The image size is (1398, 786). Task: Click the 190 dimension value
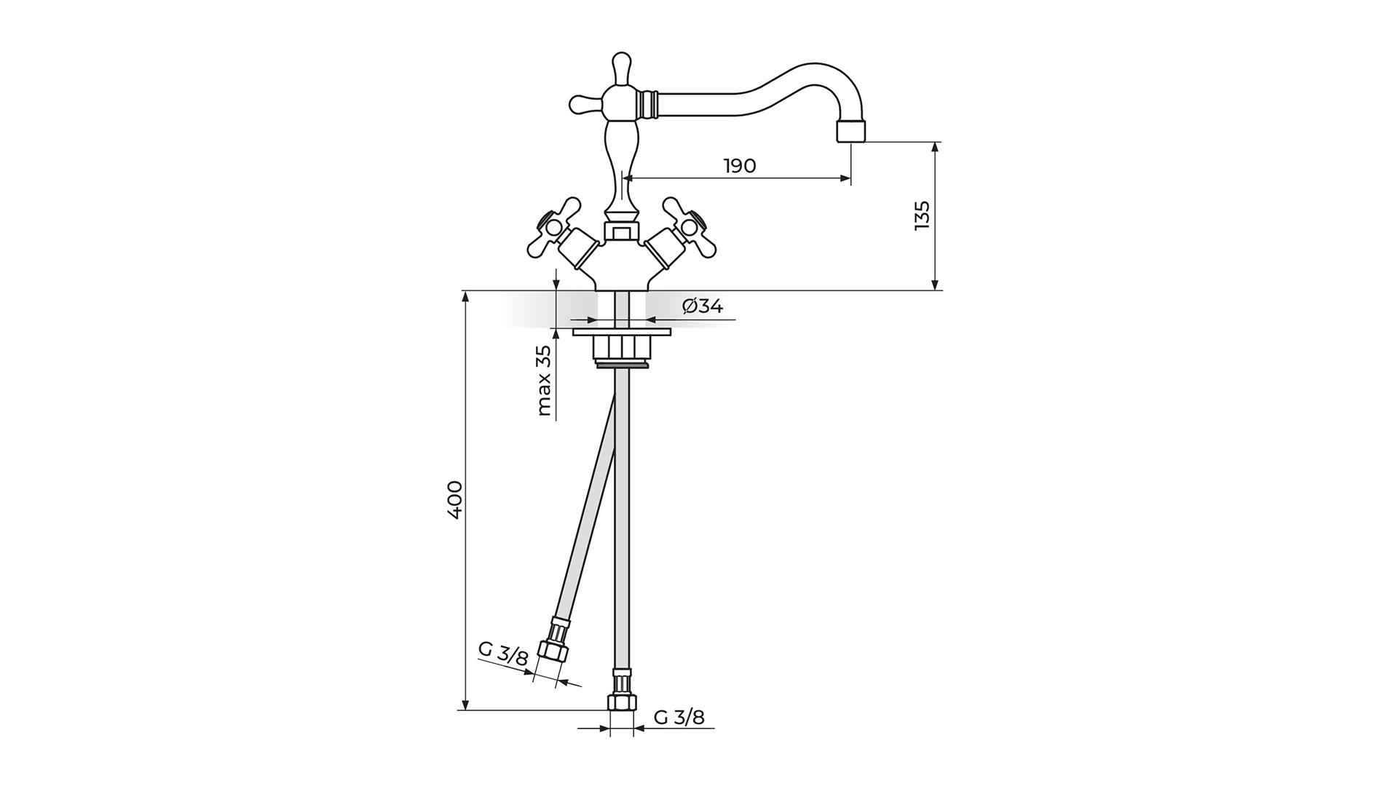click(740, 166)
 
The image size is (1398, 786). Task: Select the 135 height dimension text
click(922, 215)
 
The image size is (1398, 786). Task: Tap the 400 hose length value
click(454, 499)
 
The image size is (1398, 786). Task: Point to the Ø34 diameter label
click(703, 306)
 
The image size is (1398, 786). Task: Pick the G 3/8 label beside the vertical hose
click(679, 718)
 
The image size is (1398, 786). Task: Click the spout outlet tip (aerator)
click(852, 131)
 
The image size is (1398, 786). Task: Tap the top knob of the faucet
click(621, 68)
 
